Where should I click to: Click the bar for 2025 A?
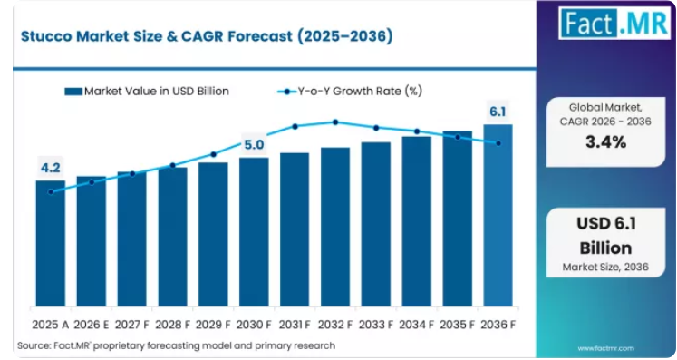coord(51,243)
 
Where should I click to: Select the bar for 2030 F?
coord(254,232)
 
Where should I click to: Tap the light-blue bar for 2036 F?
coord(498,216)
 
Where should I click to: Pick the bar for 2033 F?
coord(376,224)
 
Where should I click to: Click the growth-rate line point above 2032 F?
coord(335,122)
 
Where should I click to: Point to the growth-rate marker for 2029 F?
coord(213,154)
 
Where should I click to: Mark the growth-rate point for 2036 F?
coord(498,143)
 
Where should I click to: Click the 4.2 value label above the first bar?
coord(51,168)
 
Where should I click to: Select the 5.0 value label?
coord(254,145)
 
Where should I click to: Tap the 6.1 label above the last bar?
coord(498,112)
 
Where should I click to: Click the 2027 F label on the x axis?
coord(131,325)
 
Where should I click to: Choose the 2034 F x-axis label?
coord(416,325)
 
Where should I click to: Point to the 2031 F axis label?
coord(295,325)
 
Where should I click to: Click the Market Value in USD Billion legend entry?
coord(147,92)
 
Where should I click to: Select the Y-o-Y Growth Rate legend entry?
coord(349,92)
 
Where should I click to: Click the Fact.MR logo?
coord(614,24)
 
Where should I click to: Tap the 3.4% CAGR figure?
coord(605,141)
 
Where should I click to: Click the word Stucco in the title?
coord(46,36)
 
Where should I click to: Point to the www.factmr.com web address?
coord(605,348)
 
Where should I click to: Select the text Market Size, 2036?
coord(605,268)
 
